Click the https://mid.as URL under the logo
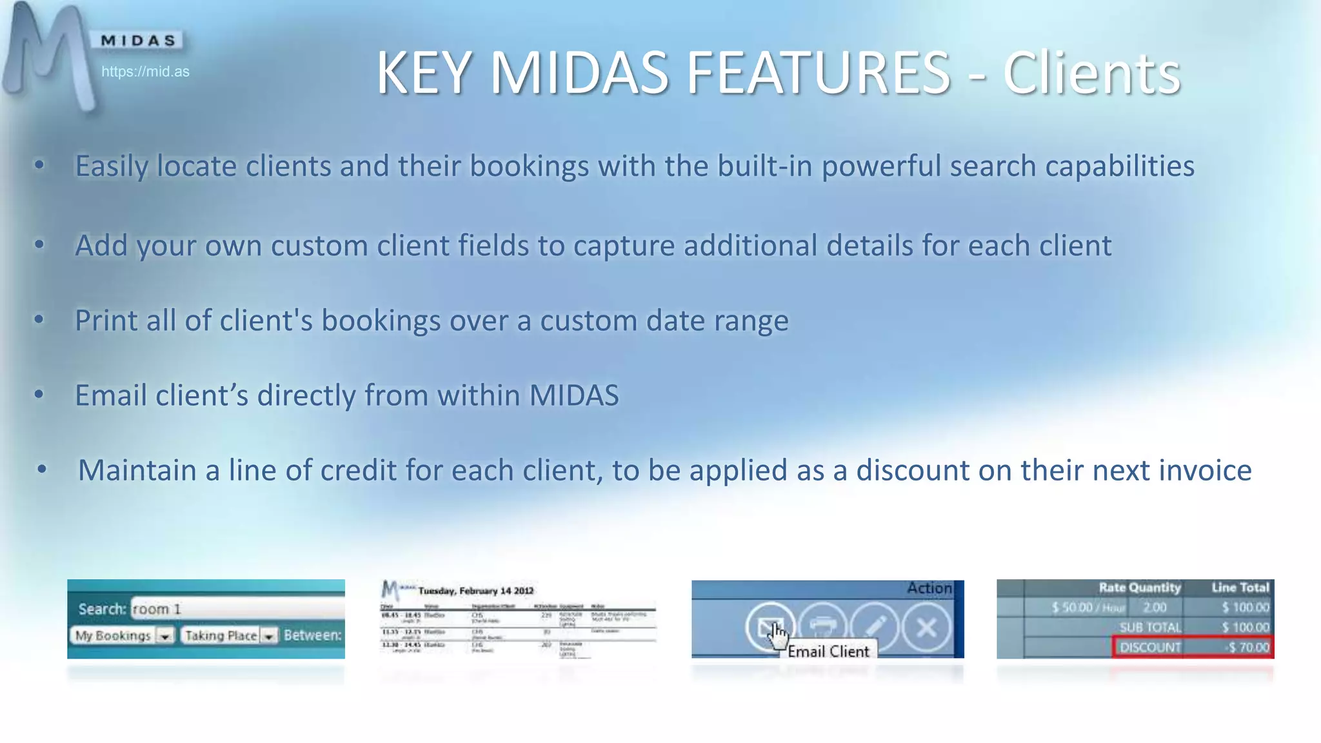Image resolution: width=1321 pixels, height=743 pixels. tap(145, 72)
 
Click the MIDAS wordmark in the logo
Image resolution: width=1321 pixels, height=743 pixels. tap(138, 41)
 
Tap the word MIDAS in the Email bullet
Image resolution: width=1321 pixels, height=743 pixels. tap(573, 395)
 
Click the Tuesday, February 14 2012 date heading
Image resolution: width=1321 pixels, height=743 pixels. tap(475, 590)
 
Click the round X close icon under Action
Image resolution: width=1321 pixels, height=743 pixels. tap(926, 627)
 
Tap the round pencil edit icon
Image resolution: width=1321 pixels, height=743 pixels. tap(875, 626)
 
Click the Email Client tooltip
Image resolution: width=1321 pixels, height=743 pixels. tap(828, 651)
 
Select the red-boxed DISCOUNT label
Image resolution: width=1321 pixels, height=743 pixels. tap(1149, 647)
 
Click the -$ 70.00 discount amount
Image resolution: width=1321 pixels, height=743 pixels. tap(1248, 647)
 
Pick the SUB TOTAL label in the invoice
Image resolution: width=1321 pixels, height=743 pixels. tap(1149, 627)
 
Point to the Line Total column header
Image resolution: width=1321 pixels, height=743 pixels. tap(1240, 588)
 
